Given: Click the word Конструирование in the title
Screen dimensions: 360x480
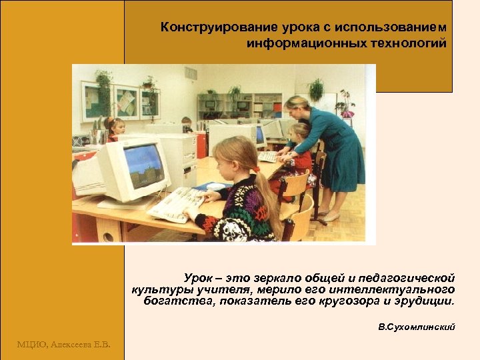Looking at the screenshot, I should [203, 28].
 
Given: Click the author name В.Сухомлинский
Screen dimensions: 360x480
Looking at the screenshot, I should [416, 327].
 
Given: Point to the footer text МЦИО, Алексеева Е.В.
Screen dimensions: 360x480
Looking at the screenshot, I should [64, 344].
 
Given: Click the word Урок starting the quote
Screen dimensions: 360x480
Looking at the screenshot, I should [199, 277].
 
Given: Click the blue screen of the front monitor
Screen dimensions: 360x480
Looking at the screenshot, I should [143, 166].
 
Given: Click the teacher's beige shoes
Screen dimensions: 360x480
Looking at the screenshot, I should [328, 216].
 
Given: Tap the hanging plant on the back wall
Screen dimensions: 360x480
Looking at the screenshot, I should [103, 83].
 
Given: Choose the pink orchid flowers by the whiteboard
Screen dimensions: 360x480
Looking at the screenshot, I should [345, 100].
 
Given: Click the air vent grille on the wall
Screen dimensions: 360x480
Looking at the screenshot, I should [191, 73].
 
